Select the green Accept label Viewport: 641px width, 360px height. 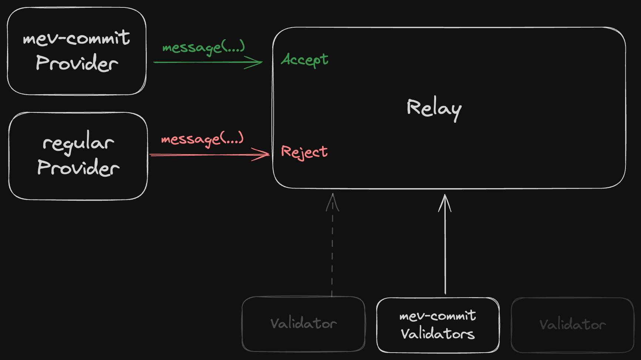pos(304,60)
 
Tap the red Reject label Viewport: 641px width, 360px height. pos(304,152)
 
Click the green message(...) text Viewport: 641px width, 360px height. pos(203,47)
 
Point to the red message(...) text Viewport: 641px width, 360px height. pos(202,139)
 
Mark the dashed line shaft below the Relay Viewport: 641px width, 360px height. pos(332,251)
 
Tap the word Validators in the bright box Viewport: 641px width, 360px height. pos(438,334)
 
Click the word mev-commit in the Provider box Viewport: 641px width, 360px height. pos(76,38)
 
